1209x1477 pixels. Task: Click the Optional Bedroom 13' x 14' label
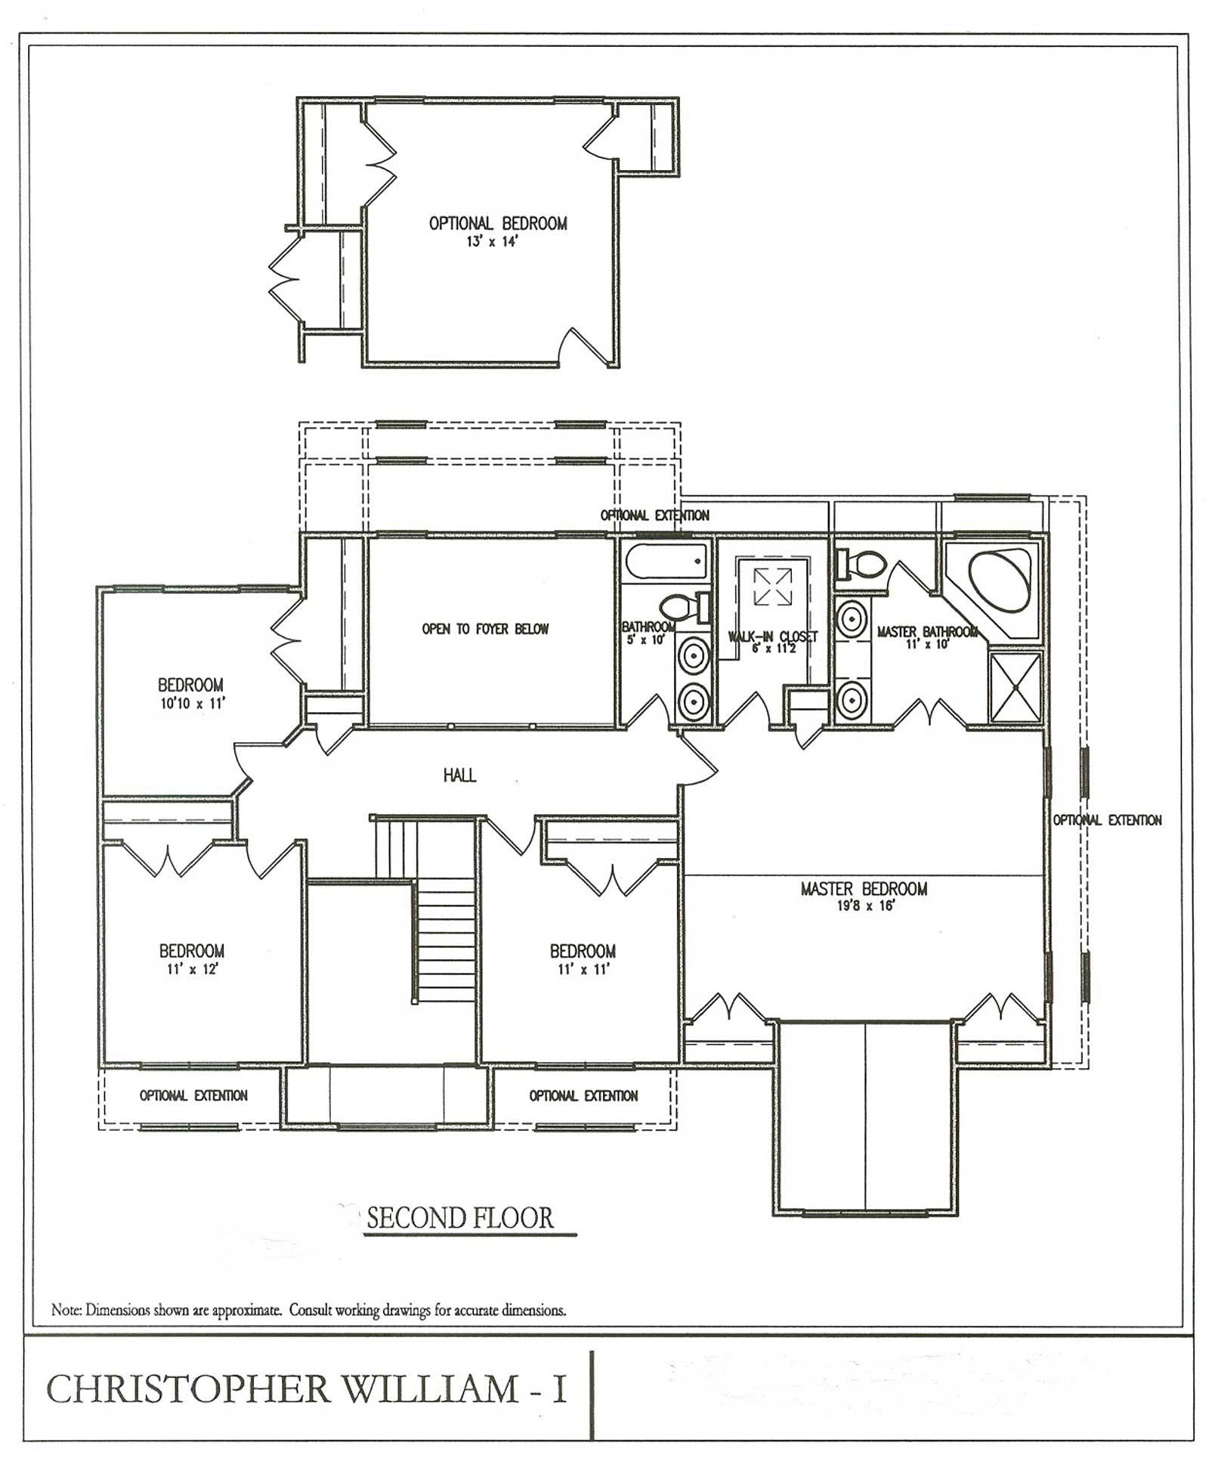point(497,231)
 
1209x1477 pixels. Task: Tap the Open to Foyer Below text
point(485,629)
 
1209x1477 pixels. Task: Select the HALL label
point(459,775)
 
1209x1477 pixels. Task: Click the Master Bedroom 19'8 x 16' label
point(864,896)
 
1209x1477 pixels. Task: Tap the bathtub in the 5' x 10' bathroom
point(666,563)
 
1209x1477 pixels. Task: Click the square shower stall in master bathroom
point(1016,687)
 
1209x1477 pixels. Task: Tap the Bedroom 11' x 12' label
point(191,958)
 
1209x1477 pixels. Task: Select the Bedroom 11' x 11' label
point(583,958)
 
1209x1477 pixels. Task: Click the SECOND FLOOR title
point(460,1218)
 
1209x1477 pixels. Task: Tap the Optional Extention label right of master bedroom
point(1107,820)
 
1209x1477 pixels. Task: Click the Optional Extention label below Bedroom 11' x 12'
point(193,1095)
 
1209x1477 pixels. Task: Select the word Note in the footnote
point(65,1310)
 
